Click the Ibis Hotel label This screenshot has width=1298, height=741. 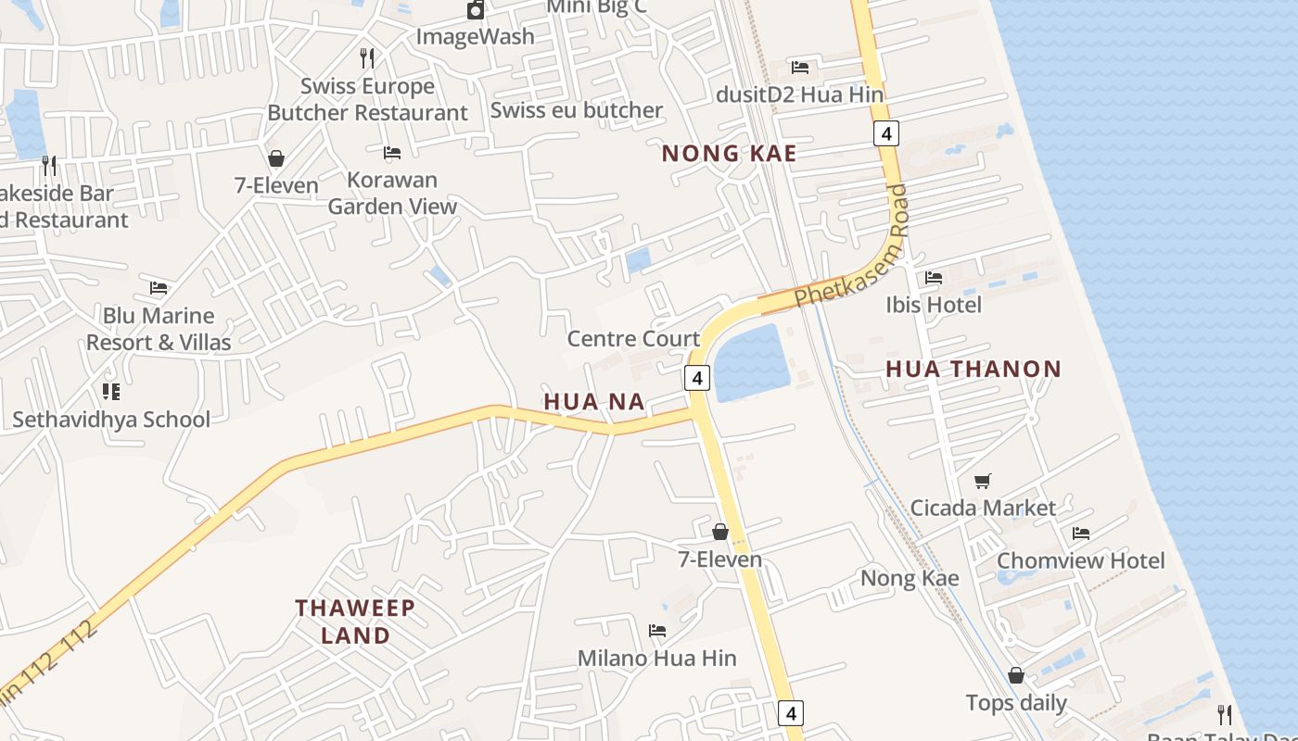[933, 305]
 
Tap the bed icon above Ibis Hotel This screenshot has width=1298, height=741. [934, 277]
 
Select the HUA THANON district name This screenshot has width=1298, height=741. [973, 369]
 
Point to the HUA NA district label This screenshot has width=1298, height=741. [593, 401]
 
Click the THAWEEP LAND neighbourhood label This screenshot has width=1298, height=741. [355, 622]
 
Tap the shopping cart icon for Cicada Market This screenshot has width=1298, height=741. [983, 481]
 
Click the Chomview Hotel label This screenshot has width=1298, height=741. [1080, 560]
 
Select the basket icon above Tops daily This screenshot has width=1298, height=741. [1016, 675]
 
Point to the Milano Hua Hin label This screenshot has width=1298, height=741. [656, 659]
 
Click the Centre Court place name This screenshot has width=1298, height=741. [632, 339]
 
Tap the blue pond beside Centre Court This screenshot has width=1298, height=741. [751, 362]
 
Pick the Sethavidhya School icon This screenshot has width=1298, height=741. [111, 391]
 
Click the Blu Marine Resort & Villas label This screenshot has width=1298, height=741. [159, 329]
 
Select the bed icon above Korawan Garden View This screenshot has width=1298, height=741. [392, 152]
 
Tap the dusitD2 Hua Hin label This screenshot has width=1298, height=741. [799, 94]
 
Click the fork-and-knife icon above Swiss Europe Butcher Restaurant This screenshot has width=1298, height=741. [367, 57]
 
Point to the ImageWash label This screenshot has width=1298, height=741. [475, 37]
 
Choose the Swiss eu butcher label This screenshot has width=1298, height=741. [576, 110]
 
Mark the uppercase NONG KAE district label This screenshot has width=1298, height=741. [729, 154]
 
